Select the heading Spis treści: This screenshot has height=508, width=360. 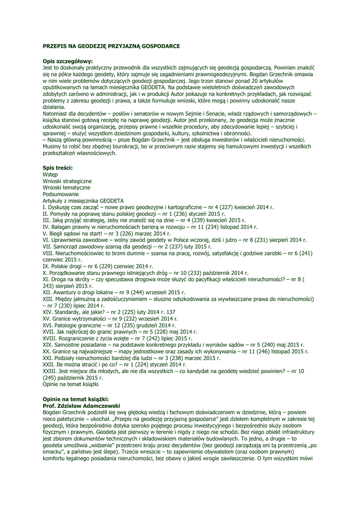58,169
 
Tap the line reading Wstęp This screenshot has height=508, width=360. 50,175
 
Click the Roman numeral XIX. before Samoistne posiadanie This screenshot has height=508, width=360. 48,344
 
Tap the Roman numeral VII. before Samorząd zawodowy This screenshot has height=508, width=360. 48,247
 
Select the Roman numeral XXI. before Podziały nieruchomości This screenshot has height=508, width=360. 48,358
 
